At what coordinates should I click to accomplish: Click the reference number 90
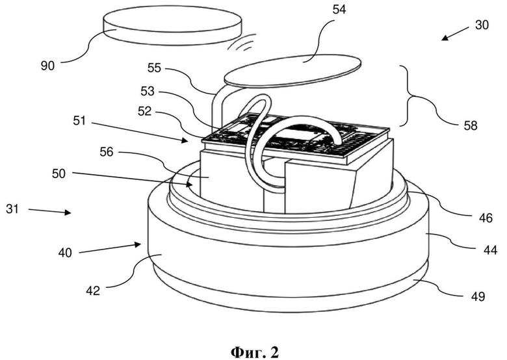(x=47, y=66)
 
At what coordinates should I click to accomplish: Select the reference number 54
(x=339, y=10)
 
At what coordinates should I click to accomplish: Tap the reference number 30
(x=482, y=25)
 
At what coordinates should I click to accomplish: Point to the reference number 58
(x=471, y=125)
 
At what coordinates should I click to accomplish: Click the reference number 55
(x=155, y=68)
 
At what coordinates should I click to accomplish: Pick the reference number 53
(x=148, y=92)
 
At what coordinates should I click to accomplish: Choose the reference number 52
(x=144, y=111)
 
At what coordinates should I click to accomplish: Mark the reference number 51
(x=79, y=121)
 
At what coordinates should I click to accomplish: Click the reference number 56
(x=107, y=152)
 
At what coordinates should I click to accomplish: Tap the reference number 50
(x=58, y=174)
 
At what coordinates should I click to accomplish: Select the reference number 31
(x=12, y=209)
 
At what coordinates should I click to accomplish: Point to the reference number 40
(x=65, y=252)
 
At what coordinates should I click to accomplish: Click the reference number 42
(x=93, y=291)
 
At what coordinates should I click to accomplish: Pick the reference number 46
(x=486, y=218)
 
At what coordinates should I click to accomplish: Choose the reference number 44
(x=490, y=250)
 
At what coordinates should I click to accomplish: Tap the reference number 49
(x=478, y=296)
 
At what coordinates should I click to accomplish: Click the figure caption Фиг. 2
(x=254, y=352)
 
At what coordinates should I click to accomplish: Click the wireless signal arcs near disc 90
(x=241, y=44)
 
